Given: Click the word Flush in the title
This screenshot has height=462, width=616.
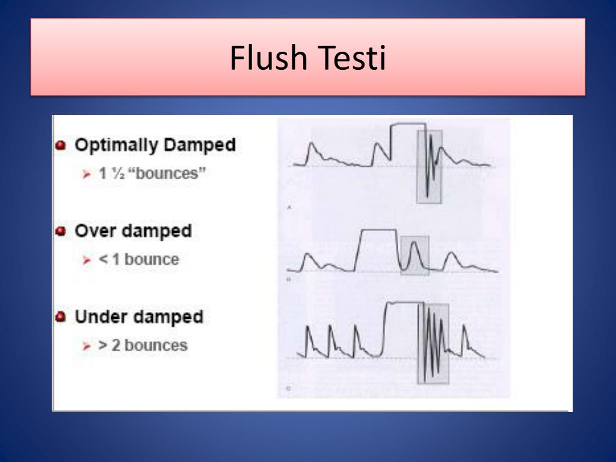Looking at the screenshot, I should pyautogui.click(x=269, y=58).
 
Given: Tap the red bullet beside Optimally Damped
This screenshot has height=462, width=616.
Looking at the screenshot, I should pyautogui.click(x=61, y=146).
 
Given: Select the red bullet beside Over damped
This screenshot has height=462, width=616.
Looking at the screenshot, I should pyautogui.click(x=61, y=232).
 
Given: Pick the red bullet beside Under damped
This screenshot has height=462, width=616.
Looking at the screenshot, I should pyautogui.click(x=61, y=317).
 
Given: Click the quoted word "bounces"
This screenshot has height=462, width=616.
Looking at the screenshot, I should pyautogui.click(x=162, y=174).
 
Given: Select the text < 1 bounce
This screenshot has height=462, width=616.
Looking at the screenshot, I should pyautogui.click(x=139, y=260).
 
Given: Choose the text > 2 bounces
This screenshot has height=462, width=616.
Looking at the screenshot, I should pyautogui.click(x=143, y=345).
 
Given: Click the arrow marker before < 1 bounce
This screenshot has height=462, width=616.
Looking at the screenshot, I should pyautogui.click(x=87, y=260).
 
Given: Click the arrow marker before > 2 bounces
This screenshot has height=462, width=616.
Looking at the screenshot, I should pyautogui.click(x=87, y=346).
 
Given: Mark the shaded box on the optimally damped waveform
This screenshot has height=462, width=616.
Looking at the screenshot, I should pyautogui.click(x=430, y=167).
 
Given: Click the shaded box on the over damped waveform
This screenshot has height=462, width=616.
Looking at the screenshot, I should pyautogui.click(x=415, y=255).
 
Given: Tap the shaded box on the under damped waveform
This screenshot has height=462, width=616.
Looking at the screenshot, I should pyautogui.click(x=433, y=343).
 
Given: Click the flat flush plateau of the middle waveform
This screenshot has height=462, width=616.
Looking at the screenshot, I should pyautogui.click(x=378, y=230).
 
